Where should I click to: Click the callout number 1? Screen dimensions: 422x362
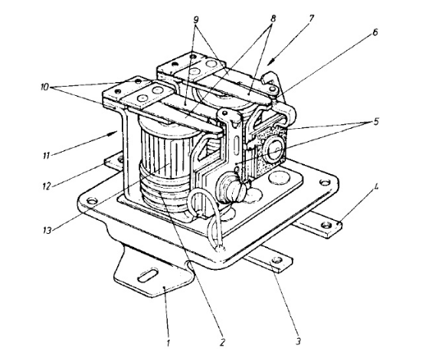[x=168, y=343]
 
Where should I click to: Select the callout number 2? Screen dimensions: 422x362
[x=222, y=342]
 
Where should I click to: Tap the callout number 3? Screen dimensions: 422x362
[x=298, y=341]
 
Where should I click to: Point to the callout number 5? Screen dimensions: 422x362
[x=375, y=122]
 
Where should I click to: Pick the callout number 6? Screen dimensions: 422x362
[x=375, y=32]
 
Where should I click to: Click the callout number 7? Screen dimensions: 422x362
[x=311, y=18]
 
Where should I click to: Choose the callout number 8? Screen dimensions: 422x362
[x=273, y=18]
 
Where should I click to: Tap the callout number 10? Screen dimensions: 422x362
[x=44, y=87]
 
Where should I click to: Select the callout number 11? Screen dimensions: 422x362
[x=46, y=156]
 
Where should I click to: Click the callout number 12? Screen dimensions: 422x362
[x=47, y=186]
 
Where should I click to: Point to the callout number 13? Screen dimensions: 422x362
[x=47, y=230]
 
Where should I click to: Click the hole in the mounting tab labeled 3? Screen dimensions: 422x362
[x=276, y=260]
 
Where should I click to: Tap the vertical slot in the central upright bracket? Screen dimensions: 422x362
[x=237, y=146]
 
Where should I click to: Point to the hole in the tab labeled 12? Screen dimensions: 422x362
[x=120, y=160]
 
